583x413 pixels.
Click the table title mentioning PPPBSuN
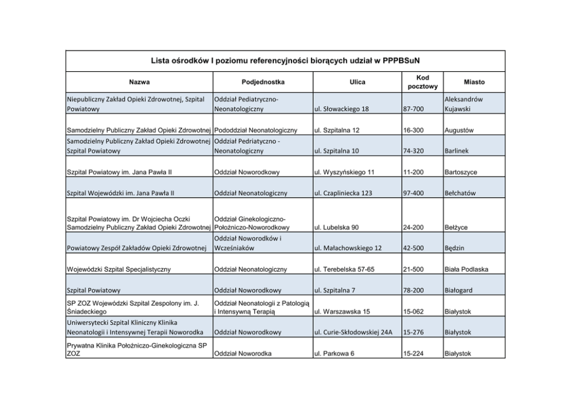coord(285,61)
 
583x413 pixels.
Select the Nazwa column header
coord(139,82)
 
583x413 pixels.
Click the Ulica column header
coord(357,82)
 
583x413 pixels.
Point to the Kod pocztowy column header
coord(422,82)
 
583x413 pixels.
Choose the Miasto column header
coord(474,82)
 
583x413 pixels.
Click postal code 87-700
coord(413,109)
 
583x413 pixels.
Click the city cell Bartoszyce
coord(461,172)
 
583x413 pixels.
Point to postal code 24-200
coord(413,227)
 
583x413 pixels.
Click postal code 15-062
coord(413,311)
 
